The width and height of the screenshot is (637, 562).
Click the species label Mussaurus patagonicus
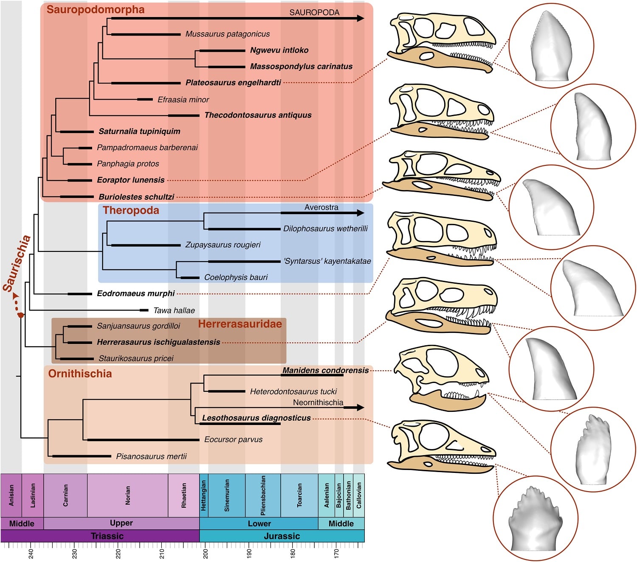[x=227, y=34]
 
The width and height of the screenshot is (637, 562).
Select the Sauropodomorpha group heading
[x=96, y=10]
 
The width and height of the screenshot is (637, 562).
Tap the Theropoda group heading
[x=131, y=210]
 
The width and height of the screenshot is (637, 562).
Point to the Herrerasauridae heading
[x=240, y=324]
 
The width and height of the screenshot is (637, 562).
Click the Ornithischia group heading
[x=80, y=374]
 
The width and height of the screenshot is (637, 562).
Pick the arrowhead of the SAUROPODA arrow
[x=361, y=18]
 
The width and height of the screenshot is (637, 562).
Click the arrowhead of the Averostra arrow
[x=361, y=213]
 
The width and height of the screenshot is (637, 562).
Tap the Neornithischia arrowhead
[x=361, y=408]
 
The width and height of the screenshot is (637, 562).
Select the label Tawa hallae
[x=174, y=310]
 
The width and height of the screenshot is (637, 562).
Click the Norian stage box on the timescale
[x=127, y=495]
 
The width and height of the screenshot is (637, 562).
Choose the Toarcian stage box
[x=299, y=495]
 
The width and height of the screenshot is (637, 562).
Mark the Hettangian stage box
[x=204, y=495]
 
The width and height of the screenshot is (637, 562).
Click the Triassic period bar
[x=107, y=536]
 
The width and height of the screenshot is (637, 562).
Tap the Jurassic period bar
[x=282, y=536]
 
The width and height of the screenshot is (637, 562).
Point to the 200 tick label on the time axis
[x=206, y=553]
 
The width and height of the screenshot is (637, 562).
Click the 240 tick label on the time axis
[x=31, y=553]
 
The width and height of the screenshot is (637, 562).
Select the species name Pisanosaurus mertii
[x=151, y=456]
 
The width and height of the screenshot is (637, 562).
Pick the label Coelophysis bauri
[x=236, y=277]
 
